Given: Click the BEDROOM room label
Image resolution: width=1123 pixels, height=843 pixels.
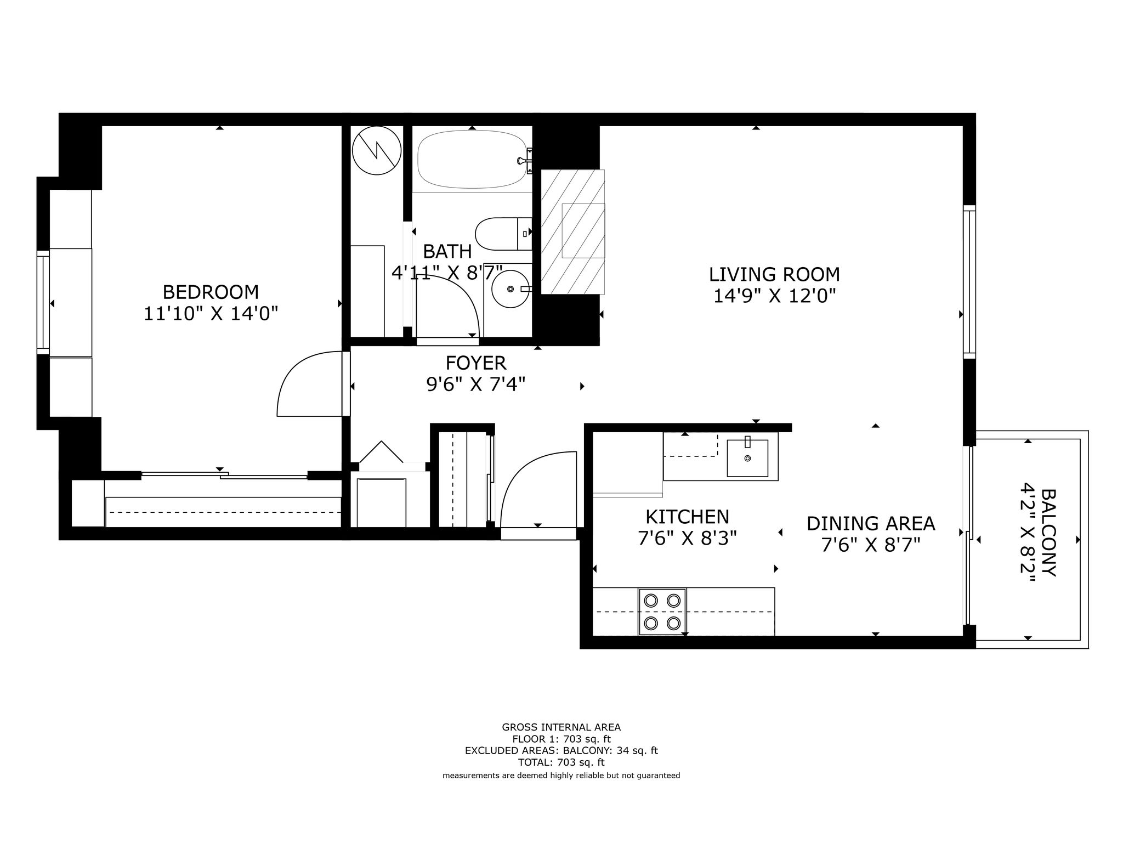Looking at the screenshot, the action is (x=211, y=291).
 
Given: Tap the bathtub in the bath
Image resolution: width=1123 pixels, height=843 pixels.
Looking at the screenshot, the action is (x=472, y=160).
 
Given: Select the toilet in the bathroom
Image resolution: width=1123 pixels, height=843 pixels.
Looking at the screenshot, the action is (x=503, y=234).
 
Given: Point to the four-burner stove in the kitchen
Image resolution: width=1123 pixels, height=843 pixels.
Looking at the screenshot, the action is (x=662, y=612).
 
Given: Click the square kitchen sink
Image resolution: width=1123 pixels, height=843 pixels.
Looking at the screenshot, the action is (x=747, y=458).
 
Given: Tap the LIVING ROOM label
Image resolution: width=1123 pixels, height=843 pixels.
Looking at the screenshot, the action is (x=774, y=274).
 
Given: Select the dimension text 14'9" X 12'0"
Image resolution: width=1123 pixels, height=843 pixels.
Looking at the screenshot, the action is (x=774, y=296).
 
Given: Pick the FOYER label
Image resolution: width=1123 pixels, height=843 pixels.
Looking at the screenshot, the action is (x=475, y=363).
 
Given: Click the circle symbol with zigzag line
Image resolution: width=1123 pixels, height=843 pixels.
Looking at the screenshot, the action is (x=377, y=151).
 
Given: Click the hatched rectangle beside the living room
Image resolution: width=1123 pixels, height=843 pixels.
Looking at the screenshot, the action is (x=572, y=231).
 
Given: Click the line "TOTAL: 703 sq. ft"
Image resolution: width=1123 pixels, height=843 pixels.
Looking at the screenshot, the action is (x=561, y=762).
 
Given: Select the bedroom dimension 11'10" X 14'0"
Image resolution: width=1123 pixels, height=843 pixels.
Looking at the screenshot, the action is (x=211, y=314).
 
